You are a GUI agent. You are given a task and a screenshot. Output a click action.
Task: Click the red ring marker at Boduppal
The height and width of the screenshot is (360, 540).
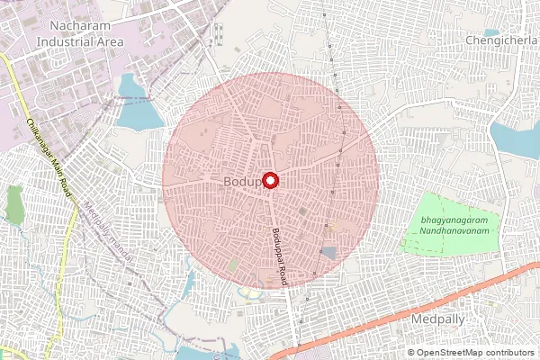pyautogui.click(x=269, y=180)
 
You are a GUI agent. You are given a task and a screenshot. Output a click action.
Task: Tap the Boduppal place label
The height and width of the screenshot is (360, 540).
pyautogui.click(x=243, y=182)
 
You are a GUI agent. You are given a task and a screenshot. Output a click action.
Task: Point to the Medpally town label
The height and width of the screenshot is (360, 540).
pyautogui.click(x=436, y=319)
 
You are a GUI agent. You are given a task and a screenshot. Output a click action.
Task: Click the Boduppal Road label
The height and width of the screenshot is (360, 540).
pyautogui.click(x=279, y=256)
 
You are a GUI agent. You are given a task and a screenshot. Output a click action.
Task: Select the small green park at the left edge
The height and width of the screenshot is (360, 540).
pyautogui.click(x=14, y=204)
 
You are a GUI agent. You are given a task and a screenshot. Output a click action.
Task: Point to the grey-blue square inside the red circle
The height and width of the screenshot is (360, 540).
pyautogui.click(x=328, y=253)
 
